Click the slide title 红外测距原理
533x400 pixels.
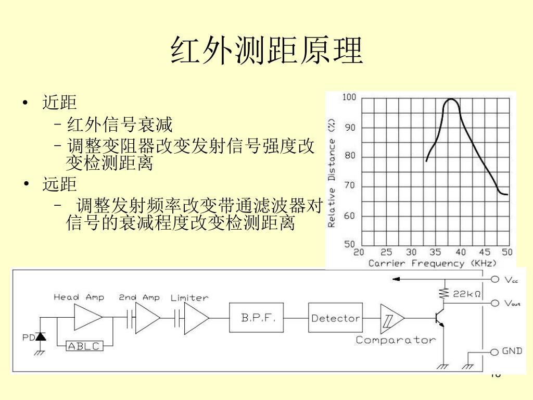[266, 51]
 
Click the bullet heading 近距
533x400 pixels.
[59, 102]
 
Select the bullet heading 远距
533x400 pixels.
[59, 184]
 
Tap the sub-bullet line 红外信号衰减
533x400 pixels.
[120, 125]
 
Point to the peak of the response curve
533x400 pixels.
[450, 99]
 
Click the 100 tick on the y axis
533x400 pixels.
[349, 97]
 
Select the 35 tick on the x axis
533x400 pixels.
[435, 252]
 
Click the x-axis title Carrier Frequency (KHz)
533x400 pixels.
[433, 264]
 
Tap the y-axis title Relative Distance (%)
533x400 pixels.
[332, 172]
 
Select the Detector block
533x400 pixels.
[335, 318]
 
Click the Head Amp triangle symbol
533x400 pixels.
[87, 317]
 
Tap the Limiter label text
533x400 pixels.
[189, 298]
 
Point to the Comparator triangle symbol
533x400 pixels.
[391, 318]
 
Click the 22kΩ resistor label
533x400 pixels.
[466, 294]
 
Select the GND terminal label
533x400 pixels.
[512, 351]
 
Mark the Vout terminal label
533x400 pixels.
[512, 303]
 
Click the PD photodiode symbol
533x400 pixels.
[41, 337]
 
